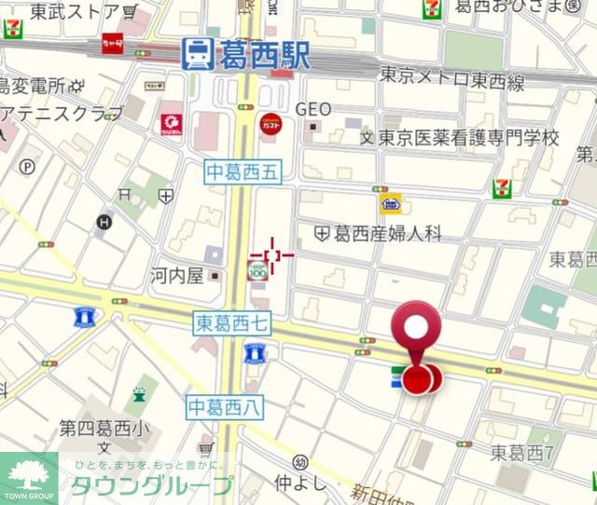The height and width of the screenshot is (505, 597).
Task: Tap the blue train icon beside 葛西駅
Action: [x=197, y=54]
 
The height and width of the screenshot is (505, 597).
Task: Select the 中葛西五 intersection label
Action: [x=243, y=170]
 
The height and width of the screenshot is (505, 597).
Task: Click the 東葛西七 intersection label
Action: [x=232, y=323]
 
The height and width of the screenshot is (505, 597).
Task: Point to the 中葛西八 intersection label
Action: [x=226, y=406]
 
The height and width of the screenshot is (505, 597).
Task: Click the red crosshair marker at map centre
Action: [x=272, y=253]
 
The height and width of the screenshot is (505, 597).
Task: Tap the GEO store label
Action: [x=313, y=109]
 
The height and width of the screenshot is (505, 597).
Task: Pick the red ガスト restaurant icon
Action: [x=271, y=124]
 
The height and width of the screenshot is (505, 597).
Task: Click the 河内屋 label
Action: [x=177, y=276]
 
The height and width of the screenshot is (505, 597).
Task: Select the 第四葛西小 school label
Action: [x=104, y=429]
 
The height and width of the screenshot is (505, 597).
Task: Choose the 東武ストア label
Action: [x=75, y=12]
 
